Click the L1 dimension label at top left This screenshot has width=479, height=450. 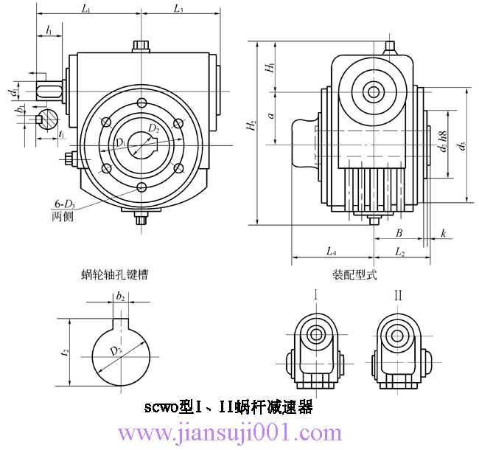[86, 9]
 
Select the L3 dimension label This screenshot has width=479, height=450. [178, 9]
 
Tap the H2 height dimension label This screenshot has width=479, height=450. [251, 126]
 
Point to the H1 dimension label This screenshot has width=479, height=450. [270, 67]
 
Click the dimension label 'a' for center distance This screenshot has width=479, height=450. [270, 116]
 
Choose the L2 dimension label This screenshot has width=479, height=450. [399, 252]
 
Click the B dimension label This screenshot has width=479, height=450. [399, 232]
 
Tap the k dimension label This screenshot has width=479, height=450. [443, 232]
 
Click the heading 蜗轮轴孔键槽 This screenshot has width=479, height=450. [114, 274]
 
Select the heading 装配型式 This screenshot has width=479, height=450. [355, 274]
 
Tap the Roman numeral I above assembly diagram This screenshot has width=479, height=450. [316, 295]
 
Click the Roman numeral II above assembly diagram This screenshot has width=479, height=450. [398, 295]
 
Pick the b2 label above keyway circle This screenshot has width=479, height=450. [120, 296]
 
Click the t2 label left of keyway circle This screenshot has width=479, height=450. [65, 352]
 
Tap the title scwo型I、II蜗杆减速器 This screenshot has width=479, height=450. [228, 406]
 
